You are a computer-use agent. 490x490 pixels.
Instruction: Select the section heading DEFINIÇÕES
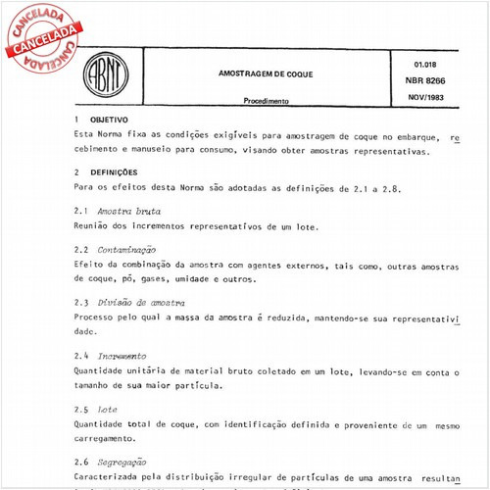(113, 171)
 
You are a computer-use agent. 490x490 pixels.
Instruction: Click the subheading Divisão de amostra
(142, 303)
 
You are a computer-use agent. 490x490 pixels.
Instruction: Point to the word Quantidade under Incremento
(103, 371)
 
